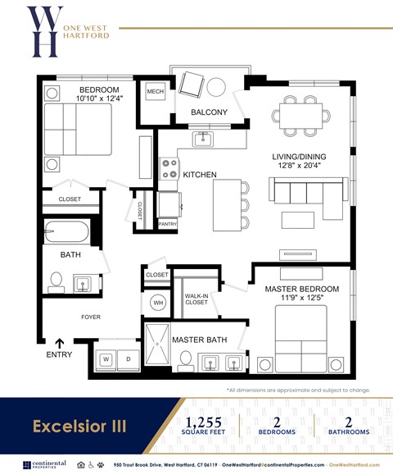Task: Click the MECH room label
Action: (x=154, y=92)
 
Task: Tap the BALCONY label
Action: (x=209, y=112)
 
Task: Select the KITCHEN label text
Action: (x=199, y=176)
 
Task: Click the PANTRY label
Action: (x=167, y=223)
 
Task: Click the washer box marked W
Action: (x=107, y=359)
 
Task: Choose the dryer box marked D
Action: (x=128, y=359)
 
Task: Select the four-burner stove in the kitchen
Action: (x=169, y=169)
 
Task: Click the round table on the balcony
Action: (x=217, y=86)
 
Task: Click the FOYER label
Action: (x=90, y=316)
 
